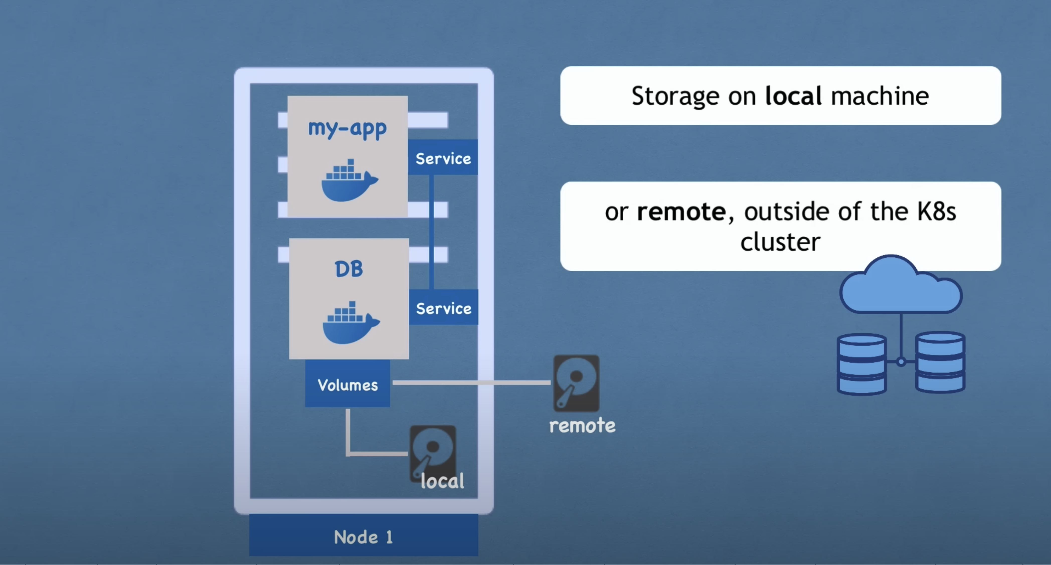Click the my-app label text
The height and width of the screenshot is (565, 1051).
click(x=347, y=129)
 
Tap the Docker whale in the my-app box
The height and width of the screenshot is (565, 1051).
click(x=349, y=181)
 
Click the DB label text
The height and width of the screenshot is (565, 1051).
click(x=349, y=269)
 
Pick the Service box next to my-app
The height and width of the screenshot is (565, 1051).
click(x=443, y=158)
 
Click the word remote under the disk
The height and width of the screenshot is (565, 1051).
click(x=582, y=425)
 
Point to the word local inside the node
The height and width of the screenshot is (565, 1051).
click(x=442, y=481)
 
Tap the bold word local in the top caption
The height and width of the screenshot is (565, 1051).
click(x=793, y=96)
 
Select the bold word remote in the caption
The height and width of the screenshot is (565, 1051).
click(x=681, y=212)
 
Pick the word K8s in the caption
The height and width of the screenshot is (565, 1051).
click(x=936, y=212)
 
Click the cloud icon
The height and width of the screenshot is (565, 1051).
click(x=901, y=286)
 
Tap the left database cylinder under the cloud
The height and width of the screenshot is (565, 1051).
click(x=861, y=364)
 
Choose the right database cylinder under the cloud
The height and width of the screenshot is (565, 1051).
click(x=940, y=362)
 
